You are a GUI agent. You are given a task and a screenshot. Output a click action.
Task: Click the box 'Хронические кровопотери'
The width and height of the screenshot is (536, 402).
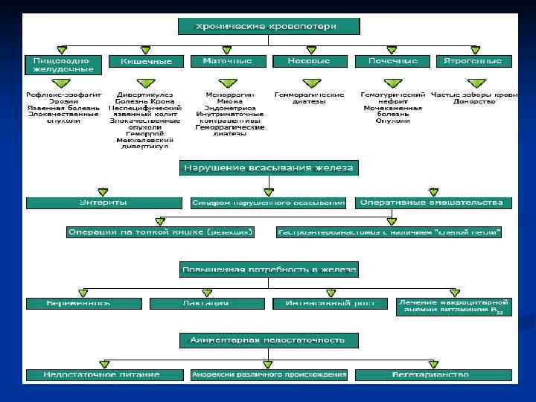[268, 27]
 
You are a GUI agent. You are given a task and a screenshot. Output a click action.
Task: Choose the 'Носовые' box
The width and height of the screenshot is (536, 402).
[309, 61]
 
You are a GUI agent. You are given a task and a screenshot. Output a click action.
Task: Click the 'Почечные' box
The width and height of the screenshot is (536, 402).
[391, 61]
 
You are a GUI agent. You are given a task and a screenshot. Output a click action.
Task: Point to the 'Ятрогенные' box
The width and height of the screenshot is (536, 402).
[473, 61]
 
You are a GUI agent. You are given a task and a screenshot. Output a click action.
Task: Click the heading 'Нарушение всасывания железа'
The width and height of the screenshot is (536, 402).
[268, 168]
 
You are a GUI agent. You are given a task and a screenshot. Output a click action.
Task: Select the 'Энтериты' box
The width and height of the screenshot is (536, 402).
[103, 202]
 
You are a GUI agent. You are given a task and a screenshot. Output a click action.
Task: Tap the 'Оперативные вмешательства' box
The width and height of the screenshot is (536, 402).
[433, 202]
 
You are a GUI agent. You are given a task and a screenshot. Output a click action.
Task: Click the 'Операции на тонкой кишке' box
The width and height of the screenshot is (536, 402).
[160, 232]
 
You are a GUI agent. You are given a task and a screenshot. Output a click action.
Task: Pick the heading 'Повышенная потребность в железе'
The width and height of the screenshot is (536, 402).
[268, 269]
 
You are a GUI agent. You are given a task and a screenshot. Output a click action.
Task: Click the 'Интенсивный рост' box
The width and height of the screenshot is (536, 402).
[330, 303]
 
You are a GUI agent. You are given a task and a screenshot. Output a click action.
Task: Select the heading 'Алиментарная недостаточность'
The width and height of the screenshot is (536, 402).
[268, 340]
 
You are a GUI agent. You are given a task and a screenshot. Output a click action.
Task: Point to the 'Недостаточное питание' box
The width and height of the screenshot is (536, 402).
[103, 374]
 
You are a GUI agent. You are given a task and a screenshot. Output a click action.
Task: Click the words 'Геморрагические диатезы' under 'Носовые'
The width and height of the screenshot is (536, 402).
[309, 100]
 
